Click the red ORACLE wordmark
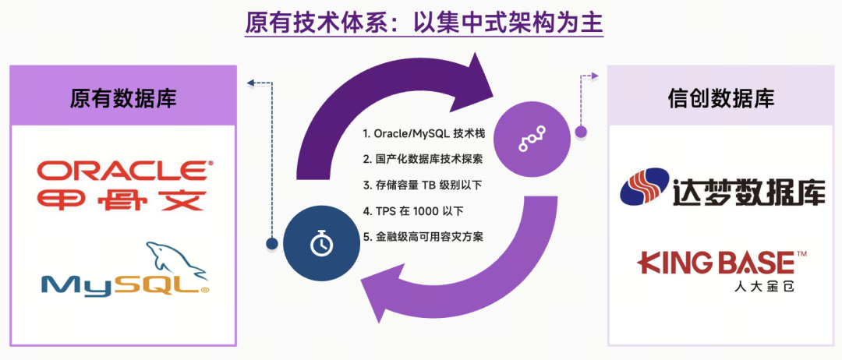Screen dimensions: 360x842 [x=123, y=169]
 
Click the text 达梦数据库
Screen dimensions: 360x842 [x=748, y=191]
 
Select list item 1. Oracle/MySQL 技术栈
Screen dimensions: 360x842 [x=424, y=134]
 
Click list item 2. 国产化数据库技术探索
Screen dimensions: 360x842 [x=423, y=159]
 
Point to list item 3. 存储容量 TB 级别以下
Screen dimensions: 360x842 [x=424, y=185]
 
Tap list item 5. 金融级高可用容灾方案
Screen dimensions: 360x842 [x=423, y=235]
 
